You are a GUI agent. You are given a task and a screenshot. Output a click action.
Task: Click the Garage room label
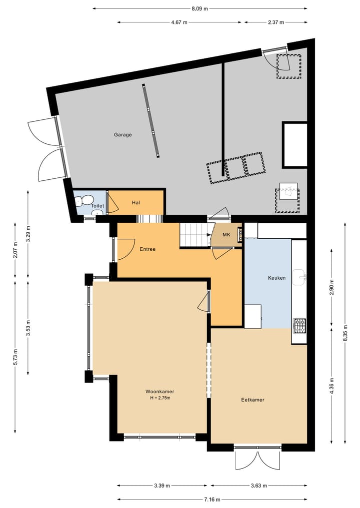[x=123, y=134]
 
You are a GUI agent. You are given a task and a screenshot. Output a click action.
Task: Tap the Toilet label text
[x=97, y=206]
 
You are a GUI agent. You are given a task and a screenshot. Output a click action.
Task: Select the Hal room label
[x=135, y=202]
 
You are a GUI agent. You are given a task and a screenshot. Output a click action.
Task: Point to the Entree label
[x=147, y=249]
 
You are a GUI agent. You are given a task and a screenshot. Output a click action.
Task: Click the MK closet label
[x=226, y=235]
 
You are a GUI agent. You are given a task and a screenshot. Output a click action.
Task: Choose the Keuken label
[x=277, y=278]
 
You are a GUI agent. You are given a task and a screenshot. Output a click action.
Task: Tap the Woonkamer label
[x=160, y=391]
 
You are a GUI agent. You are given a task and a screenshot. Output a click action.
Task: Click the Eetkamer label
[x=252, y=400]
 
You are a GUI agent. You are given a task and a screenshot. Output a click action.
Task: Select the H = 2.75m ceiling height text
[x=160, y=398]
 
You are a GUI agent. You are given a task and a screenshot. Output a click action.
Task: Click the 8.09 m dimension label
[x=200, y=8]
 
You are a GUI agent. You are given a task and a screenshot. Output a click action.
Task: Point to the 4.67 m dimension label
[x=179, y=22]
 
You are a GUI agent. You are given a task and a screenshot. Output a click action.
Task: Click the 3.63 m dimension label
[x=258, y=485]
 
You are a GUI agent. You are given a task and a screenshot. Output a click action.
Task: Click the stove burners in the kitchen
[x=300, y=326]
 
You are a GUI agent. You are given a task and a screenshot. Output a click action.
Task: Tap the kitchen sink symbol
[x=299, y=276]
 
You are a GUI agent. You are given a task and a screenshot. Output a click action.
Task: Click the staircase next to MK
[x=193, y=235]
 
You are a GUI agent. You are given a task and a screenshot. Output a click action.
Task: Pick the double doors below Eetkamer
[x=257, y=459]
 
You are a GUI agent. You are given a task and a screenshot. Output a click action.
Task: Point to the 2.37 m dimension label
[x=276, y=22]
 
